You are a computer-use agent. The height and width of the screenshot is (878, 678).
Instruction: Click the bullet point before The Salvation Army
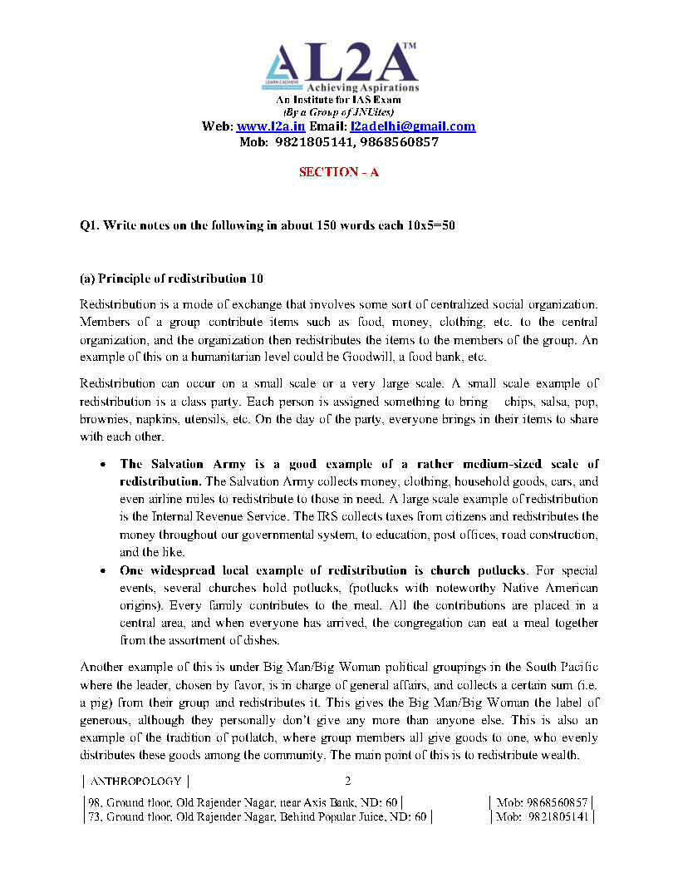(101, 464)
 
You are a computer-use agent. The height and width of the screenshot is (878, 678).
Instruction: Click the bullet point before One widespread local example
(101, 571)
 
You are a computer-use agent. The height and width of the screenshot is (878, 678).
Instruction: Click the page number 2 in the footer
(348, 781)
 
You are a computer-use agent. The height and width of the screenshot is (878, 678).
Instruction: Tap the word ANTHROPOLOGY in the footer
(135, 782)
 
